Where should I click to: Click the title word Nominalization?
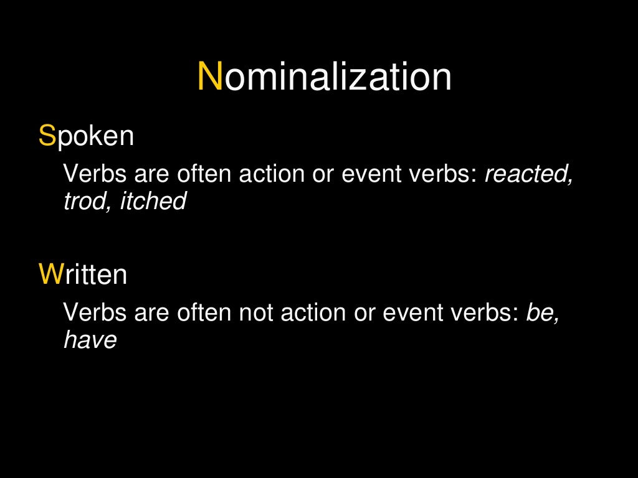click(x=325, y=78)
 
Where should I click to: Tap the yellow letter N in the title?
click(x=210, y=78)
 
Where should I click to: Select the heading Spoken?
click(x=86, y=136)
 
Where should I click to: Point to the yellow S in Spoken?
click(x=47, y=136)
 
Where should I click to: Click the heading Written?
click(x=83, y=274)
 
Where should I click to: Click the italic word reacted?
click(x=528, y=176)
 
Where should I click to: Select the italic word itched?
click(x=153, y=201)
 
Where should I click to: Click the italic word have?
click(x=90, y=340)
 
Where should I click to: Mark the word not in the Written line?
click(x=256, y=313)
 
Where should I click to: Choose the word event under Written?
click(x=407, y=313)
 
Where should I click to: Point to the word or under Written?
click(x=364, y=313)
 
